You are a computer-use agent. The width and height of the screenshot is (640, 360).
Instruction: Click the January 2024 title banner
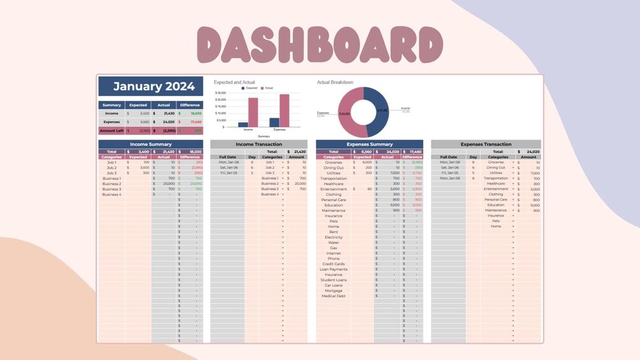(x=150, y=87)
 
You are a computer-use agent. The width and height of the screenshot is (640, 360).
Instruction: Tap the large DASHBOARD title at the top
(x=320, y=45)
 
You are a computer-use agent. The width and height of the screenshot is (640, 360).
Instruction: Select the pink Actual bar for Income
(x=253, y=112)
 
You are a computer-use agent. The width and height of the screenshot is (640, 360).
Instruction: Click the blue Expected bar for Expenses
(x=274, y=122)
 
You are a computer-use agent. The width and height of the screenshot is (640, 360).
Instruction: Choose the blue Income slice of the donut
(x=378, y=107)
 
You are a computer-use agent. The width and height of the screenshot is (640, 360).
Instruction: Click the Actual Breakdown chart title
(x=335, y=82)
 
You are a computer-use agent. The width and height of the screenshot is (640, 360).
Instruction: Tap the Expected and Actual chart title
(x=235, y=82)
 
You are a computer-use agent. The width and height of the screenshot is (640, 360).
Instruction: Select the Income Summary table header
(x=150, y=145)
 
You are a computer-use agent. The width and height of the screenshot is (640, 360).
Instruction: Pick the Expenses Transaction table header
(x=486, y=145)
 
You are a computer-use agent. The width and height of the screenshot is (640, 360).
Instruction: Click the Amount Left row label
(x=111, y=130)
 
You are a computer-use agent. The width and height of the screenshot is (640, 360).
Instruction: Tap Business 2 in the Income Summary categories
(x=111, y=184)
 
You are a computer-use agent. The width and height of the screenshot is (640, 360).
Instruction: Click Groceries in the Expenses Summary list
(x=333, y=162)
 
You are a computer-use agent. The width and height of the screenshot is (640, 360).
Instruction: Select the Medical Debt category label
(x=333, y=296)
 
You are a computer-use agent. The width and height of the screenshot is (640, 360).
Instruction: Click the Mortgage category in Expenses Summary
(x=333, y=291)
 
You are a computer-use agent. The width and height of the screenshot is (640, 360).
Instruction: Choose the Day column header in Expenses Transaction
(x=473, y=157)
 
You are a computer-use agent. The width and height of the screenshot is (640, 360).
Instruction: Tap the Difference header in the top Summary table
(x=190, y=105)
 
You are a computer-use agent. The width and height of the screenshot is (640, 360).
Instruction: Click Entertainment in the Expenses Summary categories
(x=333, y=189)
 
